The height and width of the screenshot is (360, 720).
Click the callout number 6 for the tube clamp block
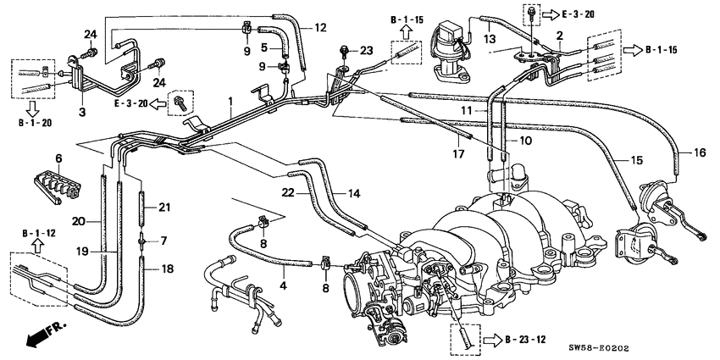pyautogui.click(x=59, y=158)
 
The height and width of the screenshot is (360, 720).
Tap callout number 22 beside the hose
pyautogui.click(x=290, y=194)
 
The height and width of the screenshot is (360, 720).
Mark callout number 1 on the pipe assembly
pyautogui.click(x=230, y=102)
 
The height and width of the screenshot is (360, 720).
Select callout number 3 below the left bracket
pyautogui.click(x=81, y=112)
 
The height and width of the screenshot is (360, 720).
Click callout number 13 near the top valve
pyautogui.click(x=489, y=37)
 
